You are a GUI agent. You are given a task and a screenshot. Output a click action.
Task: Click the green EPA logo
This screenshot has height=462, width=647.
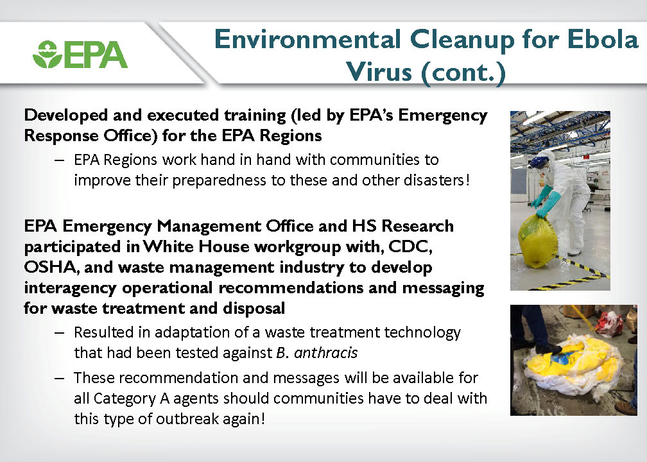[x=80, y=54]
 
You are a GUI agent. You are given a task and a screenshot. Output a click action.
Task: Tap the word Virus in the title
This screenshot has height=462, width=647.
[x=379, y=71]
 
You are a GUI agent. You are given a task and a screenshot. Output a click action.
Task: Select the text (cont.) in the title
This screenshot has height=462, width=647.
[x=463, y=73]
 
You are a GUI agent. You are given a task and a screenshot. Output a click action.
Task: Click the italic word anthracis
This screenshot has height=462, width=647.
[x=325, y=353]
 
